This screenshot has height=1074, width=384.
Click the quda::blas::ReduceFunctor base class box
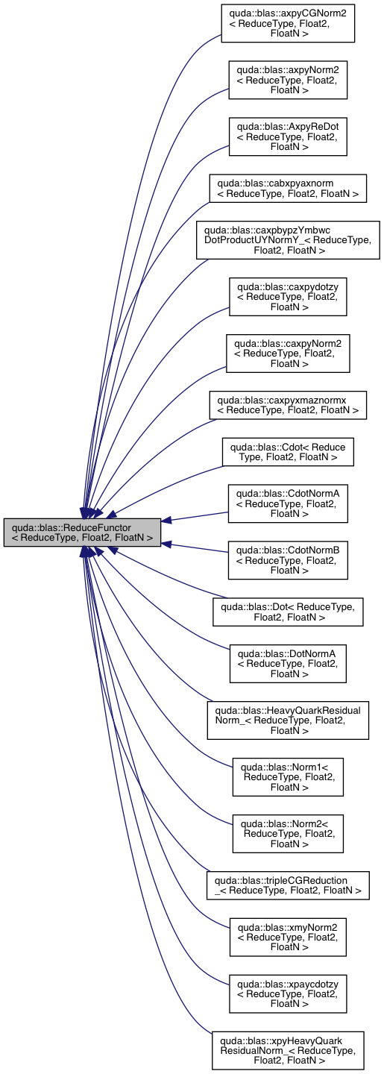point(82,531)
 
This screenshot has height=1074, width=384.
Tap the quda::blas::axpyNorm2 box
point(288,79)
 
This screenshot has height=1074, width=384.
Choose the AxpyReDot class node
point(288,136)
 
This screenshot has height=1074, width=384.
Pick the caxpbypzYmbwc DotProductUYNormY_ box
point(288,239)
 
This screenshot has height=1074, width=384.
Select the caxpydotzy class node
point(288,296)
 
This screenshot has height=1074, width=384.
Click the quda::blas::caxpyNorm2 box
point(288,353)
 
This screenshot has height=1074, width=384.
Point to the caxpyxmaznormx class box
point(288,404)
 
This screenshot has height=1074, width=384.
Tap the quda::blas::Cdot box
point(288,452)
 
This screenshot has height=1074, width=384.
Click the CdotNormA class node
point(288,503)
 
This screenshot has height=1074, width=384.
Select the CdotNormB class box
point(288,560)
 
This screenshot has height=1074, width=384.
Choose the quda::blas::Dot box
point(288,612)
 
